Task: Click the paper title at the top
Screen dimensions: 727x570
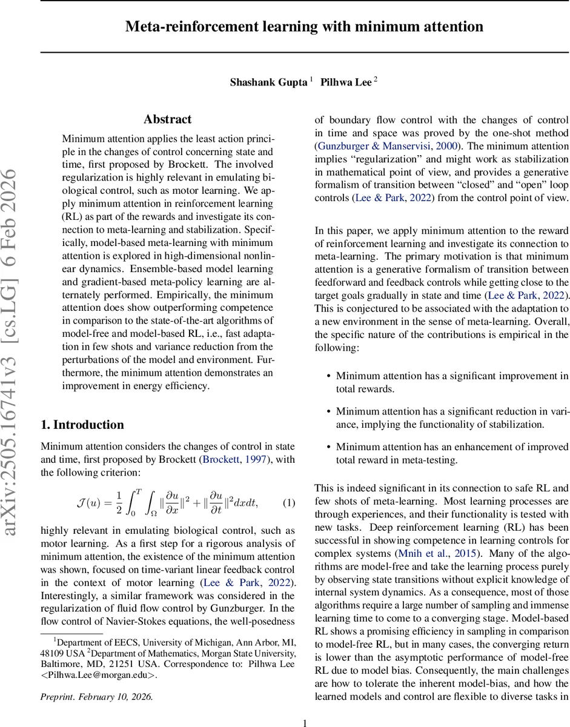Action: [304, 27]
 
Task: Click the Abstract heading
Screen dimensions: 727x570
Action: [168, 119]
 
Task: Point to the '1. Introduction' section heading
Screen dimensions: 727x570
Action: [82, 424]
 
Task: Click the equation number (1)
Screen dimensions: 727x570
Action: [289, 502]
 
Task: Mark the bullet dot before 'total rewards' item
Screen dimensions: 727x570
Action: [328, 376]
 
